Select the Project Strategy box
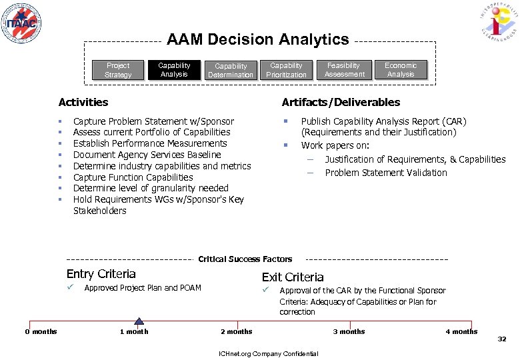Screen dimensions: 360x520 pos(118,70)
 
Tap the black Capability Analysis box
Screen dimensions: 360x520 pos(174,70)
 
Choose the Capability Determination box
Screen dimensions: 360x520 pos(230,70)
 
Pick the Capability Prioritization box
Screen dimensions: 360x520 pos(286,70)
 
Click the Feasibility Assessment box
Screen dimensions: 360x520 pos(343,70)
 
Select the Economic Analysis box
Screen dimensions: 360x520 pos(401,70)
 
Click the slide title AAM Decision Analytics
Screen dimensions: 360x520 pos(257,40)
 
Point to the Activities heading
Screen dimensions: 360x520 pos(83,102)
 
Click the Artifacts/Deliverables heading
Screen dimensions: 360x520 pos(341,102)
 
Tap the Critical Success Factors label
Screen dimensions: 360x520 pos(245,259)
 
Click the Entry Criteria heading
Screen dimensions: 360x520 pos(101,274)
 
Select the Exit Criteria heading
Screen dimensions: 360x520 pos(293,277)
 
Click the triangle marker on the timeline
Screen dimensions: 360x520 pos(139,321)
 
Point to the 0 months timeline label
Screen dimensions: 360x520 pos(41,332)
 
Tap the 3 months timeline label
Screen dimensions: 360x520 pos(349,332)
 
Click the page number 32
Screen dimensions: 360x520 pos(502,339)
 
